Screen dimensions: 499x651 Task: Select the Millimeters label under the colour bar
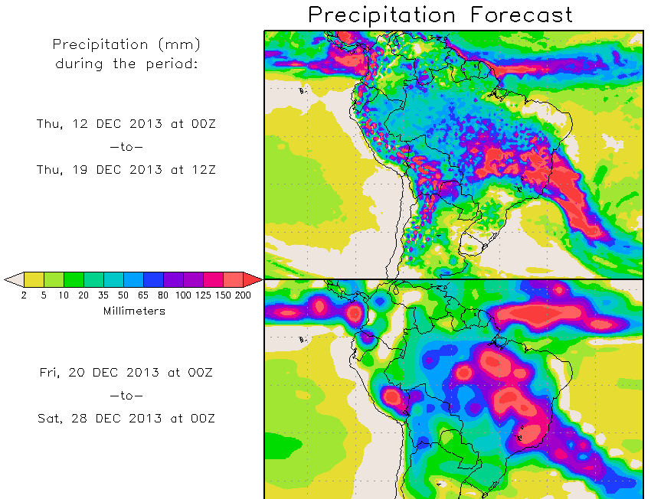click(133, 311)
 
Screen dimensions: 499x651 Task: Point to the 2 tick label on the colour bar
click(24, 295)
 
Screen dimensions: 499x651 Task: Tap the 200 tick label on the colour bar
click(243, 295)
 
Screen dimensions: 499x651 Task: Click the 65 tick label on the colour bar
click(143, 295)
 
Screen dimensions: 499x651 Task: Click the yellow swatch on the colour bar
click(34, 279)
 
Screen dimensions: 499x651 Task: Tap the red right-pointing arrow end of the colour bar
click(253, 279)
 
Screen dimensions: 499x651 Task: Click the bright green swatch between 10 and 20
click(74, 279)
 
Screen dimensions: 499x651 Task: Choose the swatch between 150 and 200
click(233, 279)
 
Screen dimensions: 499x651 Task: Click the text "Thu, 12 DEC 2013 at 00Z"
click(126, 123)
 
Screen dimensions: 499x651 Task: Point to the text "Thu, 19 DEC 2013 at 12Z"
click(126, 169)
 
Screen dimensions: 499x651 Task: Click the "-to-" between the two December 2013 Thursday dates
click(126, 146)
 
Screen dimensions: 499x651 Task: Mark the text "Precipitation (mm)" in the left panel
click(126, 45)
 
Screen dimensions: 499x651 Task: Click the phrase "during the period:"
click(126, 64)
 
